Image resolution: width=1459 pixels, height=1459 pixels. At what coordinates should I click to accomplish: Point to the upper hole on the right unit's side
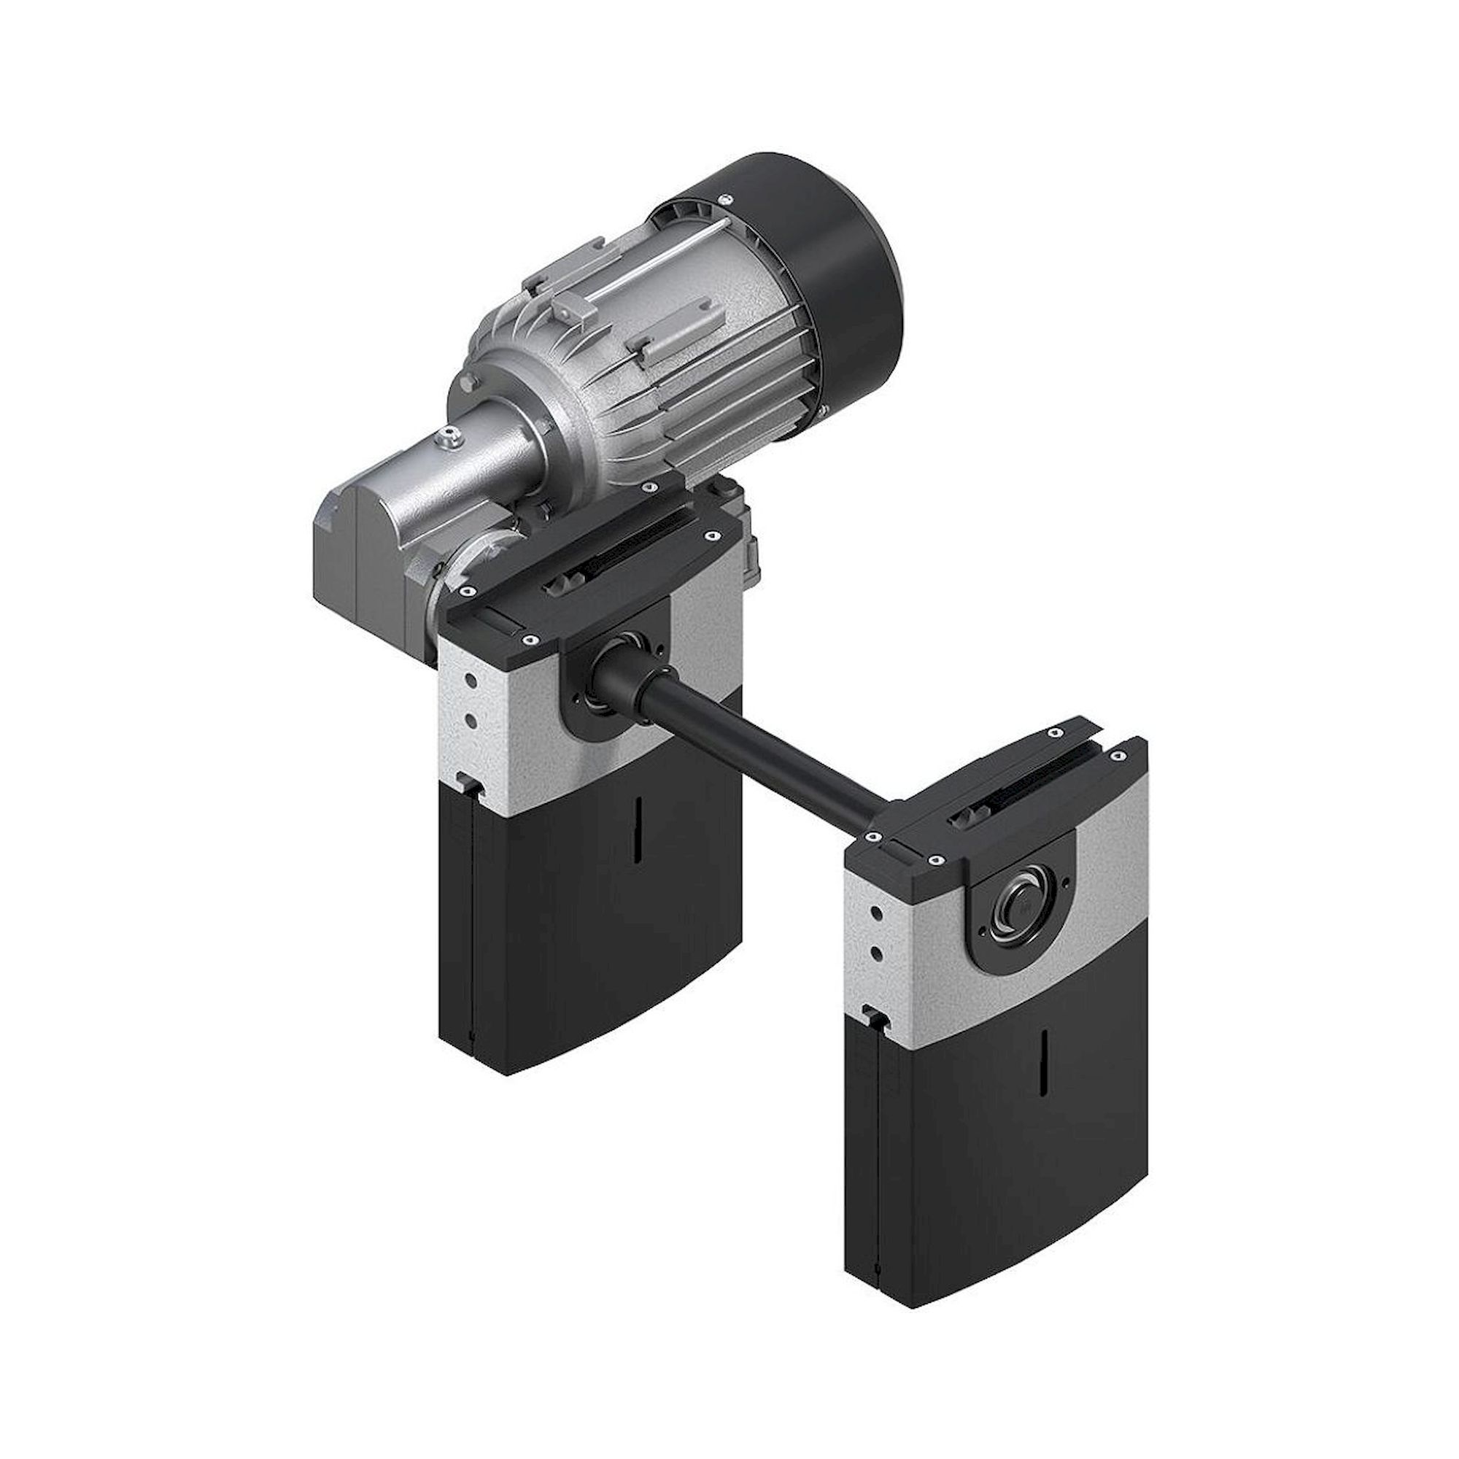tap(878, 914)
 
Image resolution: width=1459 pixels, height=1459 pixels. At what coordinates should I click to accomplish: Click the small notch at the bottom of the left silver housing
tap(470, 786)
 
